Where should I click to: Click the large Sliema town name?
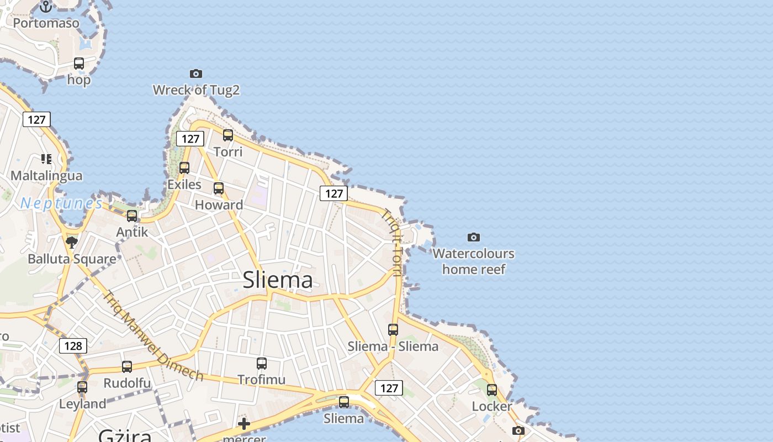[x=278, y=280]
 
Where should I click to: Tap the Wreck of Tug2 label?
[x=196, y=90]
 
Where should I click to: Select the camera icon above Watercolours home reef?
[x=473, y=237]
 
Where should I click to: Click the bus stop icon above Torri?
[x=227, y=135]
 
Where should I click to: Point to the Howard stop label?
[x=219, y=205]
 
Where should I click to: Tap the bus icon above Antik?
[x=131, y=215]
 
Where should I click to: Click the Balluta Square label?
[x=72, y=259]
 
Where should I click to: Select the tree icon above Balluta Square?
[x=71, y=242]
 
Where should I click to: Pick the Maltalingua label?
[x=46, y=176]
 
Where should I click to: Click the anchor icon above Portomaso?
[x=46, y=7]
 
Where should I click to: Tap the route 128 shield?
[x=73, y=346]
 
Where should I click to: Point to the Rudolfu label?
[x=127, y=383]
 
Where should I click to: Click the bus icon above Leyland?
[x=82, y=387]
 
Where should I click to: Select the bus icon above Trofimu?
[x=262, y=363]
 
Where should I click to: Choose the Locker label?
[x=491, y=407]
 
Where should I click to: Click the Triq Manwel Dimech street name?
[x=153, y=336]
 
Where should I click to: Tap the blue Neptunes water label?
[x=61, y=203]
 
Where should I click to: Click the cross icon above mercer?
[x=243, y=424]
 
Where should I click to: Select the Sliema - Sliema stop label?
[x=393, y=346]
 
